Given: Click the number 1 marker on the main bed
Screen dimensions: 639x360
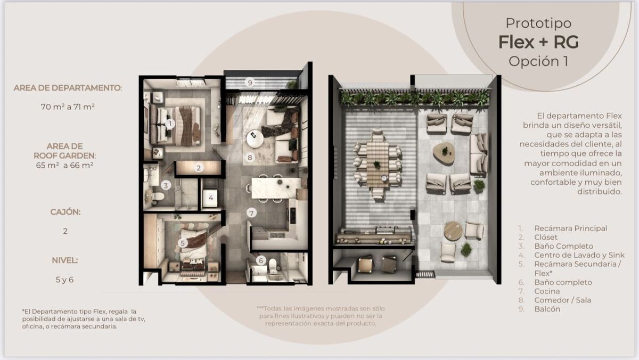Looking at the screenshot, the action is (170, 124).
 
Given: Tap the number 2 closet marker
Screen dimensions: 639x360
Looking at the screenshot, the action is (199, 168).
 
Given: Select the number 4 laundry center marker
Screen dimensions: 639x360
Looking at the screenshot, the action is (211, 198).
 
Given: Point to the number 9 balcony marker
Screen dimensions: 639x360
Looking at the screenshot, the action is (250, 83).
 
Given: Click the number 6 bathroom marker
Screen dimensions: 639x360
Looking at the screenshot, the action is (261, 260).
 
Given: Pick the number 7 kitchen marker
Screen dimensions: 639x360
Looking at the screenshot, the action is (251, 213).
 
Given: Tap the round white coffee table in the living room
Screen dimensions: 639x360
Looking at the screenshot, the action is (255, 139).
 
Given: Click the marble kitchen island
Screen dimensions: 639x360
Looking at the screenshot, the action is (276, 187).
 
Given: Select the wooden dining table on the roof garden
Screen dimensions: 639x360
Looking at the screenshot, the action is (378, 164).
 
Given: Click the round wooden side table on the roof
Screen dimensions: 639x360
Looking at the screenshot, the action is (453, 231).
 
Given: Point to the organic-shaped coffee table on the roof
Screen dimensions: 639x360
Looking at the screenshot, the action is (444, 153).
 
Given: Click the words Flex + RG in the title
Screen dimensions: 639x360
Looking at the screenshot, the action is (538, 42).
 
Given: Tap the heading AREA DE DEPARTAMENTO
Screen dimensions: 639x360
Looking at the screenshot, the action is (68, 88).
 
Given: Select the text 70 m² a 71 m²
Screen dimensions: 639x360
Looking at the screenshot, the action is (68, 107).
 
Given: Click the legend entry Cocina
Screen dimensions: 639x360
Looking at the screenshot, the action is (547, 291).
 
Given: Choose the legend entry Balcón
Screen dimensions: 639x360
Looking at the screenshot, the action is (547, 309).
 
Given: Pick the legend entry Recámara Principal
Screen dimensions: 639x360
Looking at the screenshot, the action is (570, 228).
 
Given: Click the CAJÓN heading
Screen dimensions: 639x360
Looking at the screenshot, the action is (65, 212).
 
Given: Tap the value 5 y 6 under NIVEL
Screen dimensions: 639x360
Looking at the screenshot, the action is (65, 280).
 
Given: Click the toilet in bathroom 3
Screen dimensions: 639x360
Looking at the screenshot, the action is (158, 197).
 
